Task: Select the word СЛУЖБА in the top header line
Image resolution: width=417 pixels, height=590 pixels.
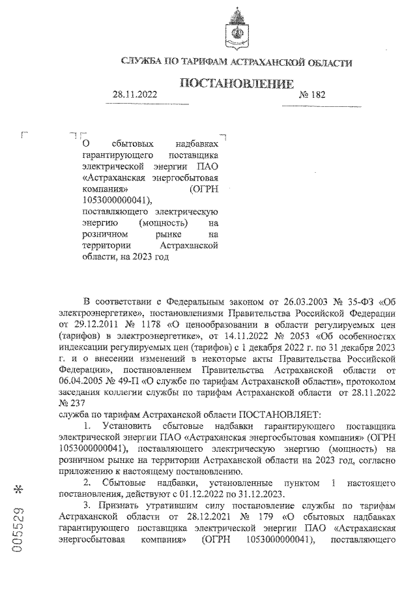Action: point(141,63)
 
